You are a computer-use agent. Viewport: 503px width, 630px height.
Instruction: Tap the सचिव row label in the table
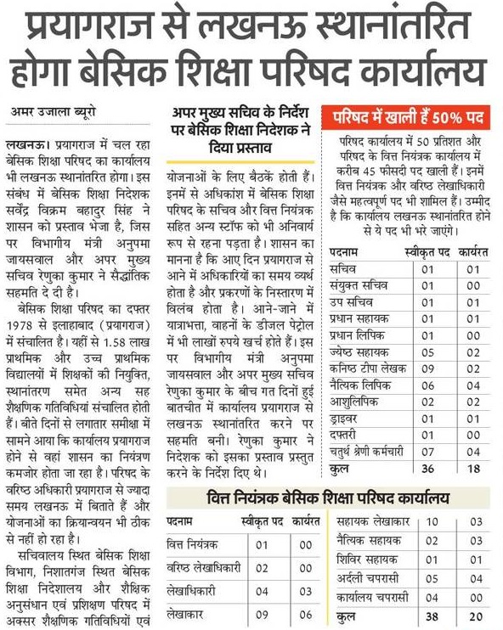pos(342,269)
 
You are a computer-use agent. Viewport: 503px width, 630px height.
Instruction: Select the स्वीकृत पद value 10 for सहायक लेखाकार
pos(432,520)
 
